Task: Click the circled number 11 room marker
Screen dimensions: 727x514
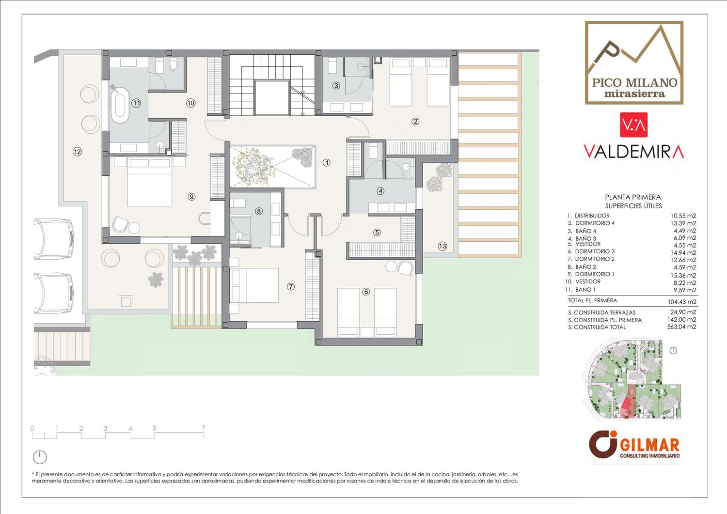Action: (x=136, y=104)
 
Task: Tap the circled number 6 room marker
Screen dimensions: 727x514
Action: (x=366, y=292)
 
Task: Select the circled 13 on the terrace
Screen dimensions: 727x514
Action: (x=443, y=246)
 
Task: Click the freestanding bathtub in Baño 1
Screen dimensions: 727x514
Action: (x=120, y=103)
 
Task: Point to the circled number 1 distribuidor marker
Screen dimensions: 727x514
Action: (x=327, y=163)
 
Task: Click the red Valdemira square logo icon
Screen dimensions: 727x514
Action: (x=634, y=125)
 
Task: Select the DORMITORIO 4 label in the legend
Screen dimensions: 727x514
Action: (x=595, y=223)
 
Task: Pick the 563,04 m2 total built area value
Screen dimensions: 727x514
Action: (x=683, y=327)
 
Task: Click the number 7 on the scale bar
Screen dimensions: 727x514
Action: (x=203, y=428)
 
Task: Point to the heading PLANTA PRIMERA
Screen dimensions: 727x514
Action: (x=633, y=197)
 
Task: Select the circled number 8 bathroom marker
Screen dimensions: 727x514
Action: (x=259, y=211)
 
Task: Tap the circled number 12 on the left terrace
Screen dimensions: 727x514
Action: (x=77, y=152)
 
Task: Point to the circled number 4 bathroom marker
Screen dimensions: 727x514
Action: (x=380, y=191)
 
